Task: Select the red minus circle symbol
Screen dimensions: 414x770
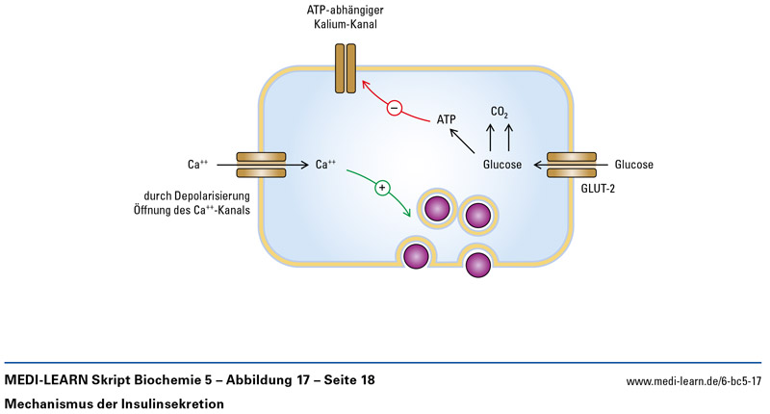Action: [x=394, y=108]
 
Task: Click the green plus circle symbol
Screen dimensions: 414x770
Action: [x=382, y=187]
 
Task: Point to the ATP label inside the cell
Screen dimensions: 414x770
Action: [x=447, y=119]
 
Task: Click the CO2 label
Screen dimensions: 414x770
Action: [x=500, y=113]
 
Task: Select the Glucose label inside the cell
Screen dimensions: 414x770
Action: [x=502, y=165]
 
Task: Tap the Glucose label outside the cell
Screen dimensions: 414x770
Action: [x=633, y=165]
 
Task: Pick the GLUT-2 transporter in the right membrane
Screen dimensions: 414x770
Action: [x=570, y=165]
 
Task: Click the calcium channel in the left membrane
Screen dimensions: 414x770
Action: [x=260, y=165]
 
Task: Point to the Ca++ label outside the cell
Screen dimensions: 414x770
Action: [x=198, y=165]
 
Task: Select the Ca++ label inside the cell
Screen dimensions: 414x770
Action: [x=325, y=165]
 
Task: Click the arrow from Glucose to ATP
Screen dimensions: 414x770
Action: [x=463, y=142]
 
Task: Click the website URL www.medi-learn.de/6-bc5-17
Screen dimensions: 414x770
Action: [x=693, y=382]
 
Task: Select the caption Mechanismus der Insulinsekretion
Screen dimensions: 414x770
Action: [x=115, y=403]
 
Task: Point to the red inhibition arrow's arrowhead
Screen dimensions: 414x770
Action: [x=365, y=86]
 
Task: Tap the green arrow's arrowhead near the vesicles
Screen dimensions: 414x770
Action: [x=411, y=210]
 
